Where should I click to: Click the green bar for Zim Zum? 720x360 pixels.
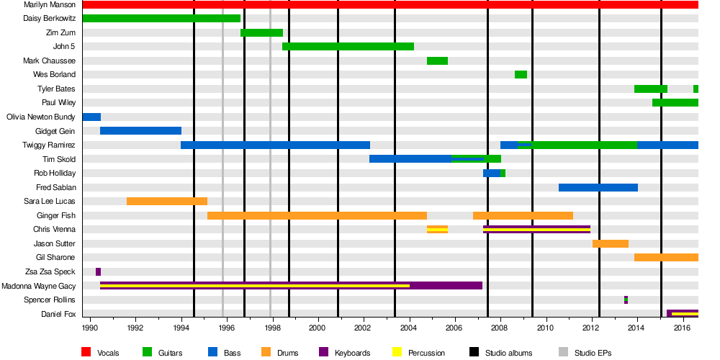(261, 32)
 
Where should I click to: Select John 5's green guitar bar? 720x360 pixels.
(348, 47)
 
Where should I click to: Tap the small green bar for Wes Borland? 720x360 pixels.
(521, 75)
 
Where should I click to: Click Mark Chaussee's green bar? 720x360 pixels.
(437, 60)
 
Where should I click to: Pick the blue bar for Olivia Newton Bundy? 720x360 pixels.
(91, 117)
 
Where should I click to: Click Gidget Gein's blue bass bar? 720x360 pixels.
(140, 131)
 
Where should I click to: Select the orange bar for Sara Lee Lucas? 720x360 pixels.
(167, 201)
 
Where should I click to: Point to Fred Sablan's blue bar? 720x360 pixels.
(598, 187)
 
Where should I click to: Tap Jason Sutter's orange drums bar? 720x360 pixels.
(611, 243)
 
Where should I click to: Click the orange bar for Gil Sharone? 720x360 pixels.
(666, 257)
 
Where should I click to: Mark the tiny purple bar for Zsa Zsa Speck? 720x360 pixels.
(98, 271)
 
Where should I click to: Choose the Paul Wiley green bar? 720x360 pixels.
(675, 103)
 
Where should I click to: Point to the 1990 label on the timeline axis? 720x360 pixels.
(90, 328)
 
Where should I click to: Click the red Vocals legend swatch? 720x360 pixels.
(86, 352)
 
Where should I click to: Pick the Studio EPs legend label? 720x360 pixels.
(593, 353)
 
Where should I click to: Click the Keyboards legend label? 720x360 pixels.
(352, 353)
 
